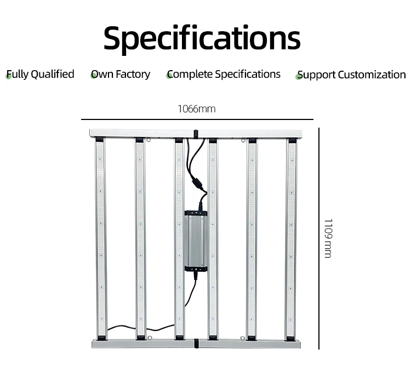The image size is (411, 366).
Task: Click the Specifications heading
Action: point(202,38)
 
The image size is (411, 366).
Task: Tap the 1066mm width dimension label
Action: point(196,108)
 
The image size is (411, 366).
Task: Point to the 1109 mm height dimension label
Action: point(328,238)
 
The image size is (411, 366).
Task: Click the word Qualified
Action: point(53,74)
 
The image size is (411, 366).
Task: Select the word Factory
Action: point(132,74)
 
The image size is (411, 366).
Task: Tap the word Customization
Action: point(372,75)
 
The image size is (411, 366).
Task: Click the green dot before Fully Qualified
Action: point(8,76)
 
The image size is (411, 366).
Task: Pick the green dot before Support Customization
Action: point(299,77)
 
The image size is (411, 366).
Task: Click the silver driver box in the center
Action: point(196,240)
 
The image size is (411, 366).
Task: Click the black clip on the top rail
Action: point(196,133)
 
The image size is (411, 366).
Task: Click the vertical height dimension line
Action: point(319,238)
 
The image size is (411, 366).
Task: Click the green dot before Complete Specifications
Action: point(169,76)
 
